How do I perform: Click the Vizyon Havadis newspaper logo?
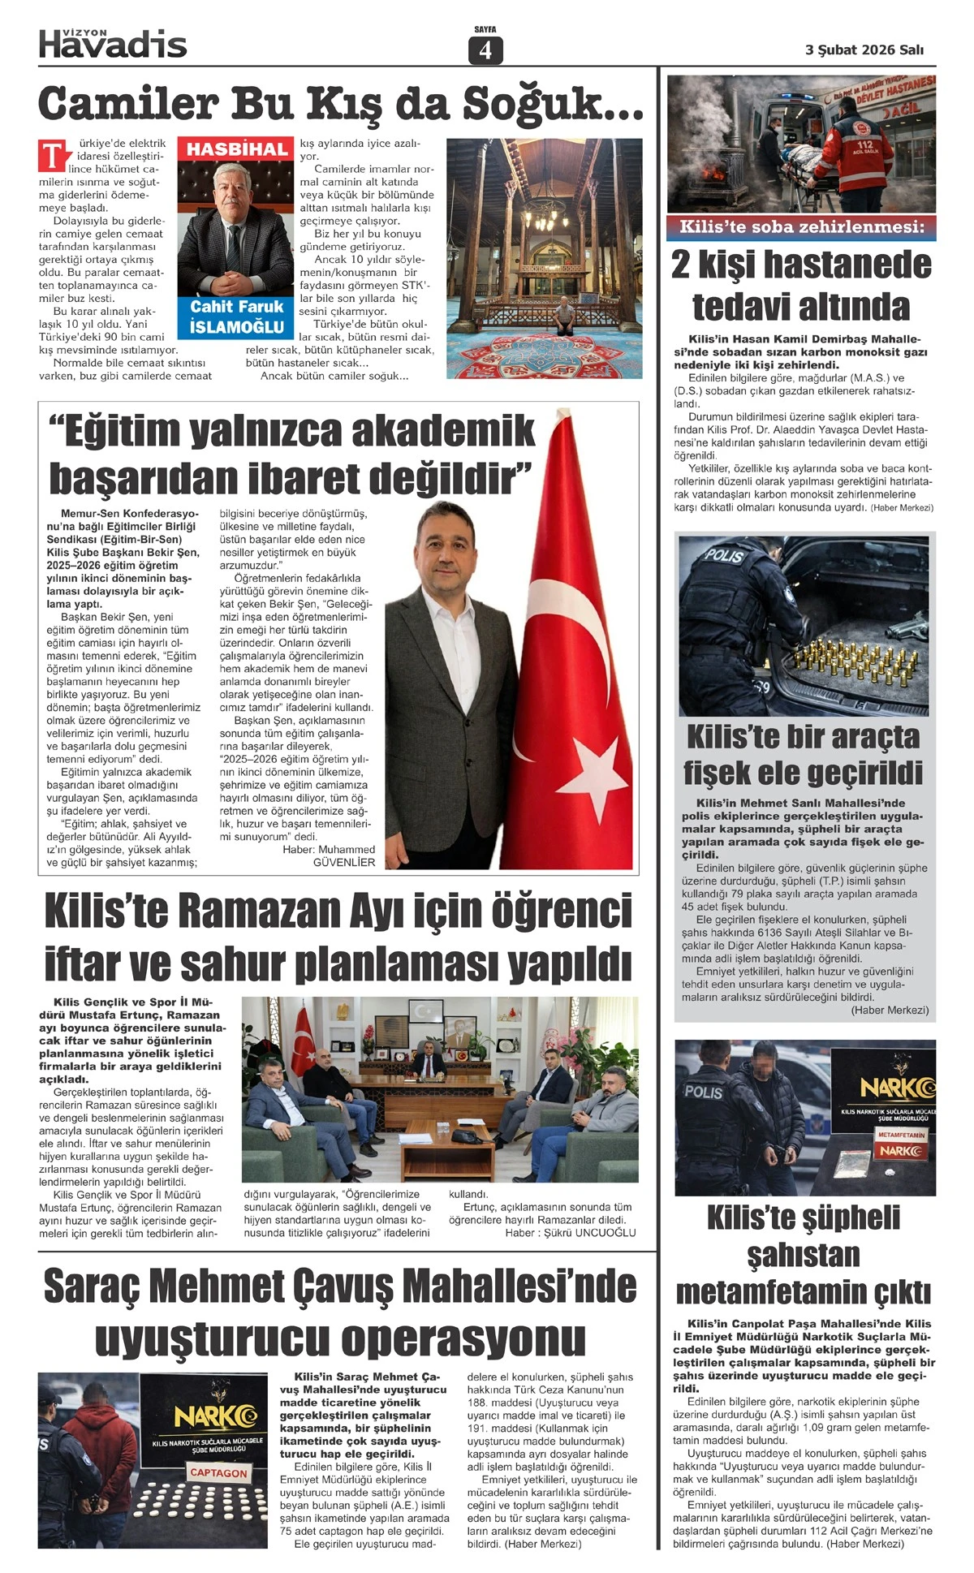(x=113, y=42)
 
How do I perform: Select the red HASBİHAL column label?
(x=236, y=149)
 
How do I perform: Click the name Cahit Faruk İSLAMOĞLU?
(x=236, y=317)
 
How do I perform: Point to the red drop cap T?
(x=52, y=154)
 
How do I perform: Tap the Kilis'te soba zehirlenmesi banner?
(x=802, y=227)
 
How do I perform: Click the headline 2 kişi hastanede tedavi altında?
(x=802, y=286)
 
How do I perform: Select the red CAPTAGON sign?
(x=218, y=1472)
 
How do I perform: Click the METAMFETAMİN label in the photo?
(x=901, y=1135)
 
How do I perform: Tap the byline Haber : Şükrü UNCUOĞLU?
(x=570, y=1232)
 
